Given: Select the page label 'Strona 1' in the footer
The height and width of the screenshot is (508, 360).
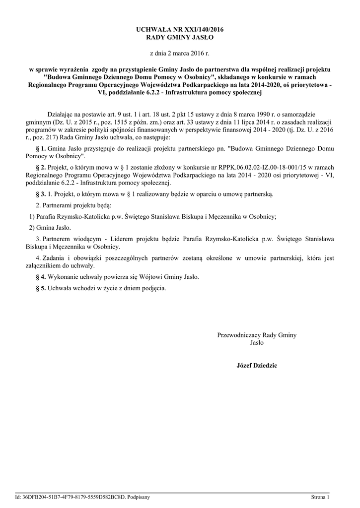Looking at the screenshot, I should (320, 496).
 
